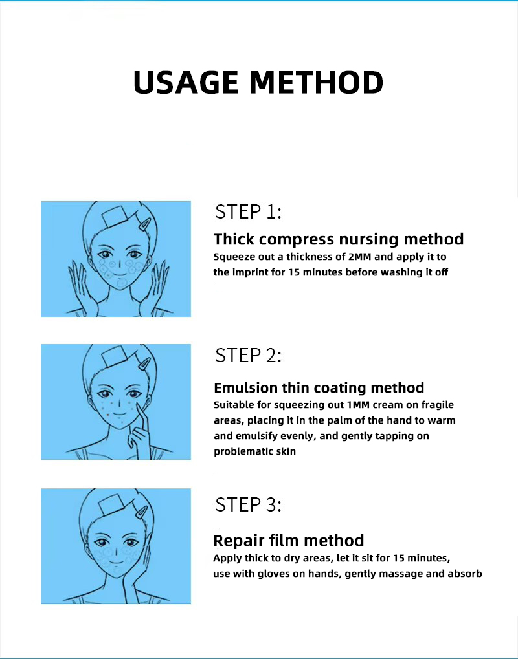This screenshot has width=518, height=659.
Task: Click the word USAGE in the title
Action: [186, 82]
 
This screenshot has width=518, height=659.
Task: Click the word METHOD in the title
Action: [316, 82]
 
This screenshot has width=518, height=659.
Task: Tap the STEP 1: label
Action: [248, 212]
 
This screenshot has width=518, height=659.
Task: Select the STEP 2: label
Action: [248, 356]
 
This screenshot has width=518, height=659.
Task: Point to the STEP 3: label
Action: [248, 504]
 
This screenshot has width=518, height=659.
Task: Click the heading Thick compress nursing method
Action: [339, 239]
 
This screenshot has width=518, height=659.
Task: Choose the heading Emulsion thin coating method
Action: [319, 387]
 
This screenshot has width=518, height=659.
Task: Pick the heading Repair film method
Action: [289, 541]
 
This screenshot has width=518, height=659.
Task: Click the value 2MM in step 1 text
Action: [360, 257]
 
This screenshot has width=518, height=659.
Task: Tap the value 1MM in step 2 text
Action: [357, 405]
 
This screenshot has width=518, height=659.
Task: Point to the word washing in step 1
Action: [401, 272]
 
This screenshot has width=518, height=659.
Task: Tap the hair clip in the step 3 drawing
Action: [141, 512]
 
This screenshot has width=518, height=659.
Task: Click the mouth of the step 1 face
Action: [119, 275]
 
